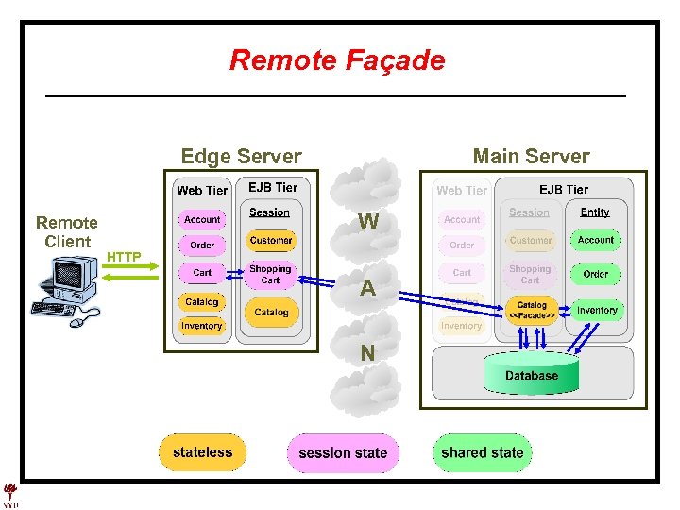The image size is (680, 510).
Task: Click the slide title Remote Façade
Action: click(337, 60)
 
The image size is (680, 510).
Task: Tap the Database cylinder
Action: click(531, 374)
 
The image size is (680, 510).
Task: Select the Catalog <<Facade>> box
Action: click(532, 310)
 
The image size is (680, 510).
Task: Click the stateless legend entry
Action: click(202, 452)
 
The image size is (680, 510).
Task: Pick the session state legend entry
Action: click(343, 453)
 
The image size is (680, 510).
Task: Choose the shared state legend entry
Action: click(482, 452)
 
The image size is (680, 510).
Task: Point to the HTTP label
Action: click(124, 257)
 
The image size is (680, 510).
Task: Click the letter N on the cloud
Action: click(367, 353)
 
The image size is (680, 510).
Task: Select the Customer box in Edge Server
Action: click(271, 241)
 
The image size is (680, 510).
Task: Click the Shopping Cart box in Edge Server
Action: click(270, 275)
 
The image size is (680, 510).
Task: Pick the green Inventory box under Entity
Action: click(597, 310)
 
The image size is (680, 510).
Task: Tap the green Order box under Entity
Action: click(596, 274)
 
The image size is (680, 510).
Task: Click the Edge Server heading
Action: click(241, 157)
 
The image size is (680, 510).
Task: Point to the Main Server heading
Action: click(531, 157)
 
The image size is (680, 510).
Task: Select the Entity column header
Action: click(595, 212)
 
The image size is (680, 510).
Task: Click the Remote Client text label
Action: click(67, 231)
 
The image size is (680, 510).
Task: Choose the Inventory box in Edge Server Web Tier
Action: click(202, 326)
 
